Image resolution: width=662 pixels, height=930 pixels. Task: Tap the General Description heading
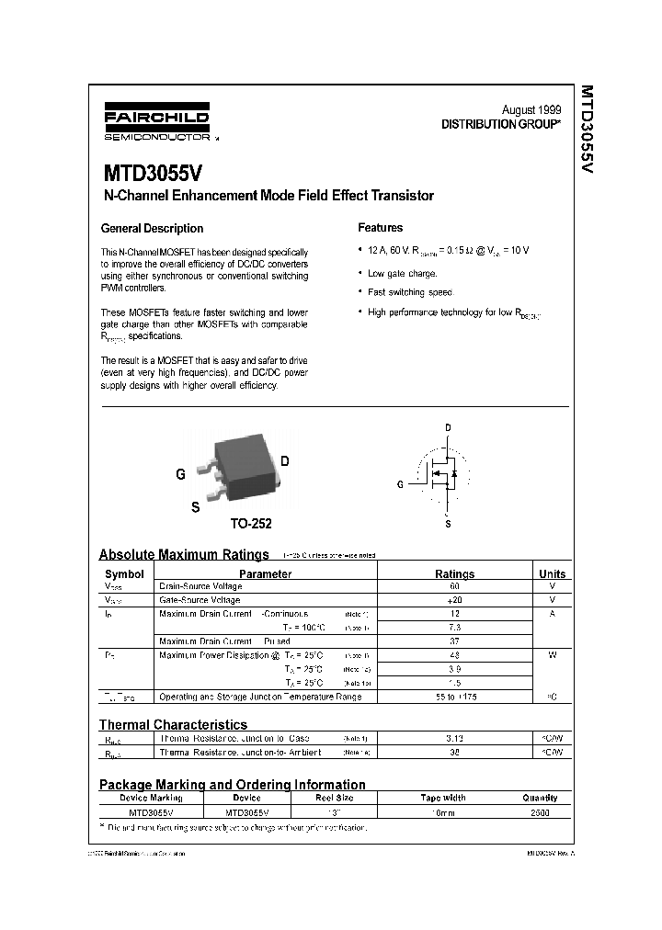[152, 229]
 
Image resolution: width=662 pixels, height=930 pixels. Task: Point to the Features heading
[380, 228]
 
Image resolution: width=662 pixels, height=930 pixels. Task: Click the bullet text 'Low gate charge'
[402, 273]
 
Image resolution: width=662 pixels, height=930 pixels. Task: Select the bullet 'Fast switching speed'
[410, 292]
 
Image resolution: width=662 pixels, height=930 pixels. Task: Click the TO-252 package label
[250, 524]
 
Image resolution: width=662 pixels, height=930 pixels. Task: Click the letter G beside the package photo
[180, 475]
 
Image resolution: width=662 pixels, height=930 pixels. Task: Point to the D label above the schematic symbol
[448, 428]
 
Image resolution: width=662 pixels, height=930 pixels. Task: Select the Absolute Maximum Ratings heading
[184, 554]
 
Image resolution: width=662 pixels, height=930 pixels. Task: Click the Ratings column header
[454, 573]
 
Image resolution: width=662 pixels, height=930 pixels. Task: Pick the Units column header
[552, 573]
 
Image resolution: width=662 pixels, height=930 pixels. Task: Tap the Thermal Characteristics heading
[173, 725]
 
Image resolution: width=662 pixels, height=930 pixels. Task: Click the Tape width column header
[443, 799]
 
